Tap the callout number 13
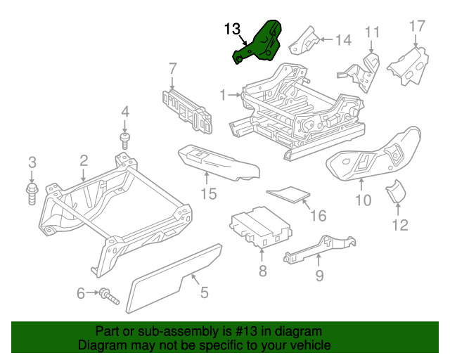pyautogui.click(x=232, y=29)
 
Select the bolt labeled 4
pyautogui.click(x=124, y=141)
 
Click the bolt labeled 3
pyautogui.click(x=32, y=194)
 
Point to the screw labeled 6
pyautogui.click(x=109, y=297)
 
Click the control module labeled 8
pyautogui.click(x=261, y=227)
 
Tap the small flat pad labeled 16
pyautogui.click(x=288, y=195)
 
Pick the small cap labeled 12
pyautogui.click(x=396, y=191)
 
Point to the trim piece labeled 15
pyautogui.click(x=218, y=163)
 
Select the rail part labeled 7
pyautogui.click(x=188, y=111)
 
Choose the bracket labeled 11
pyautogui.click(x=359, y=72)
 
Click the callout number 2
pyautogui.click(x=84, y=161)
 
